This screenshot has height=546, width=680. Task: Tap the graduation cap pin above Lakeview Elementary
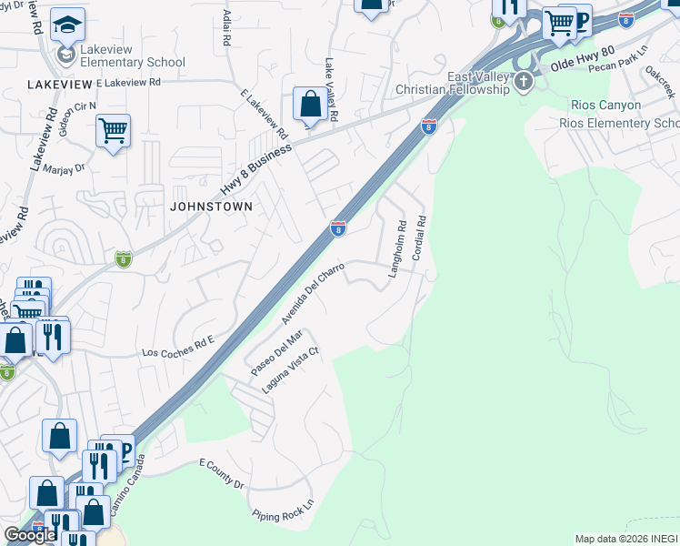(x=67, y=26)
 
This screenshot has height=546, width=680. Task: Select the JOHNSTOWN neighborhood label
(x=210, y=207)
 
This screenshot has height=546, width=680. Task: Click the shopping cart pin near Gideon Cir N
(x=113, y=132)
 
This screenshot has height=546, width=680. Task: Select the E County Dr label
(x=222, y=474)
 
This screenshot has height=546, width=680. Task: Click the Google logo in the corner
(x=30, y=535)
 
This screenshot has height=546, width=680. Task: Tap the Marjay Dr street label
(x=64, y=167)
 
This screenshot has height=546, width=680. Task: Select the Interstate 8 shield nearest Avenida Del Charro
(x=338, y=229)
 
